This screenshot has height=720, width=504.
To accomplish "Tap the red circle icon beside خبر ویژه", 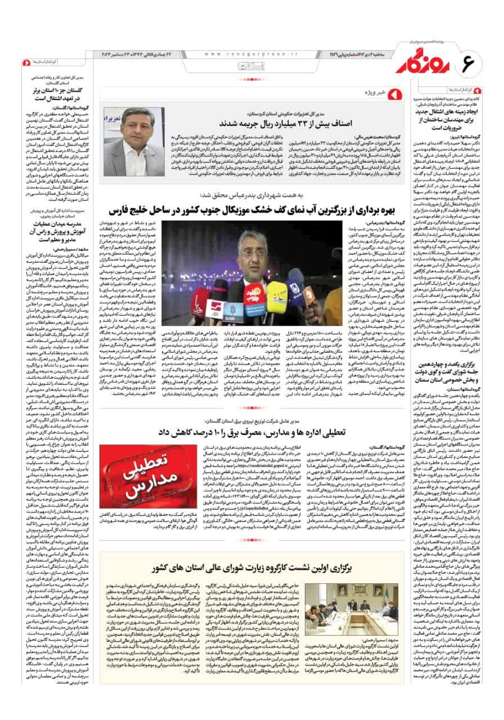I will pyautogui.click(x=393, y=91).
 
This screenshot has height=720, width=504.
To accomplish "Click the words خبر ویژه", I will pyautogui.click(x=375, y=91).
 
